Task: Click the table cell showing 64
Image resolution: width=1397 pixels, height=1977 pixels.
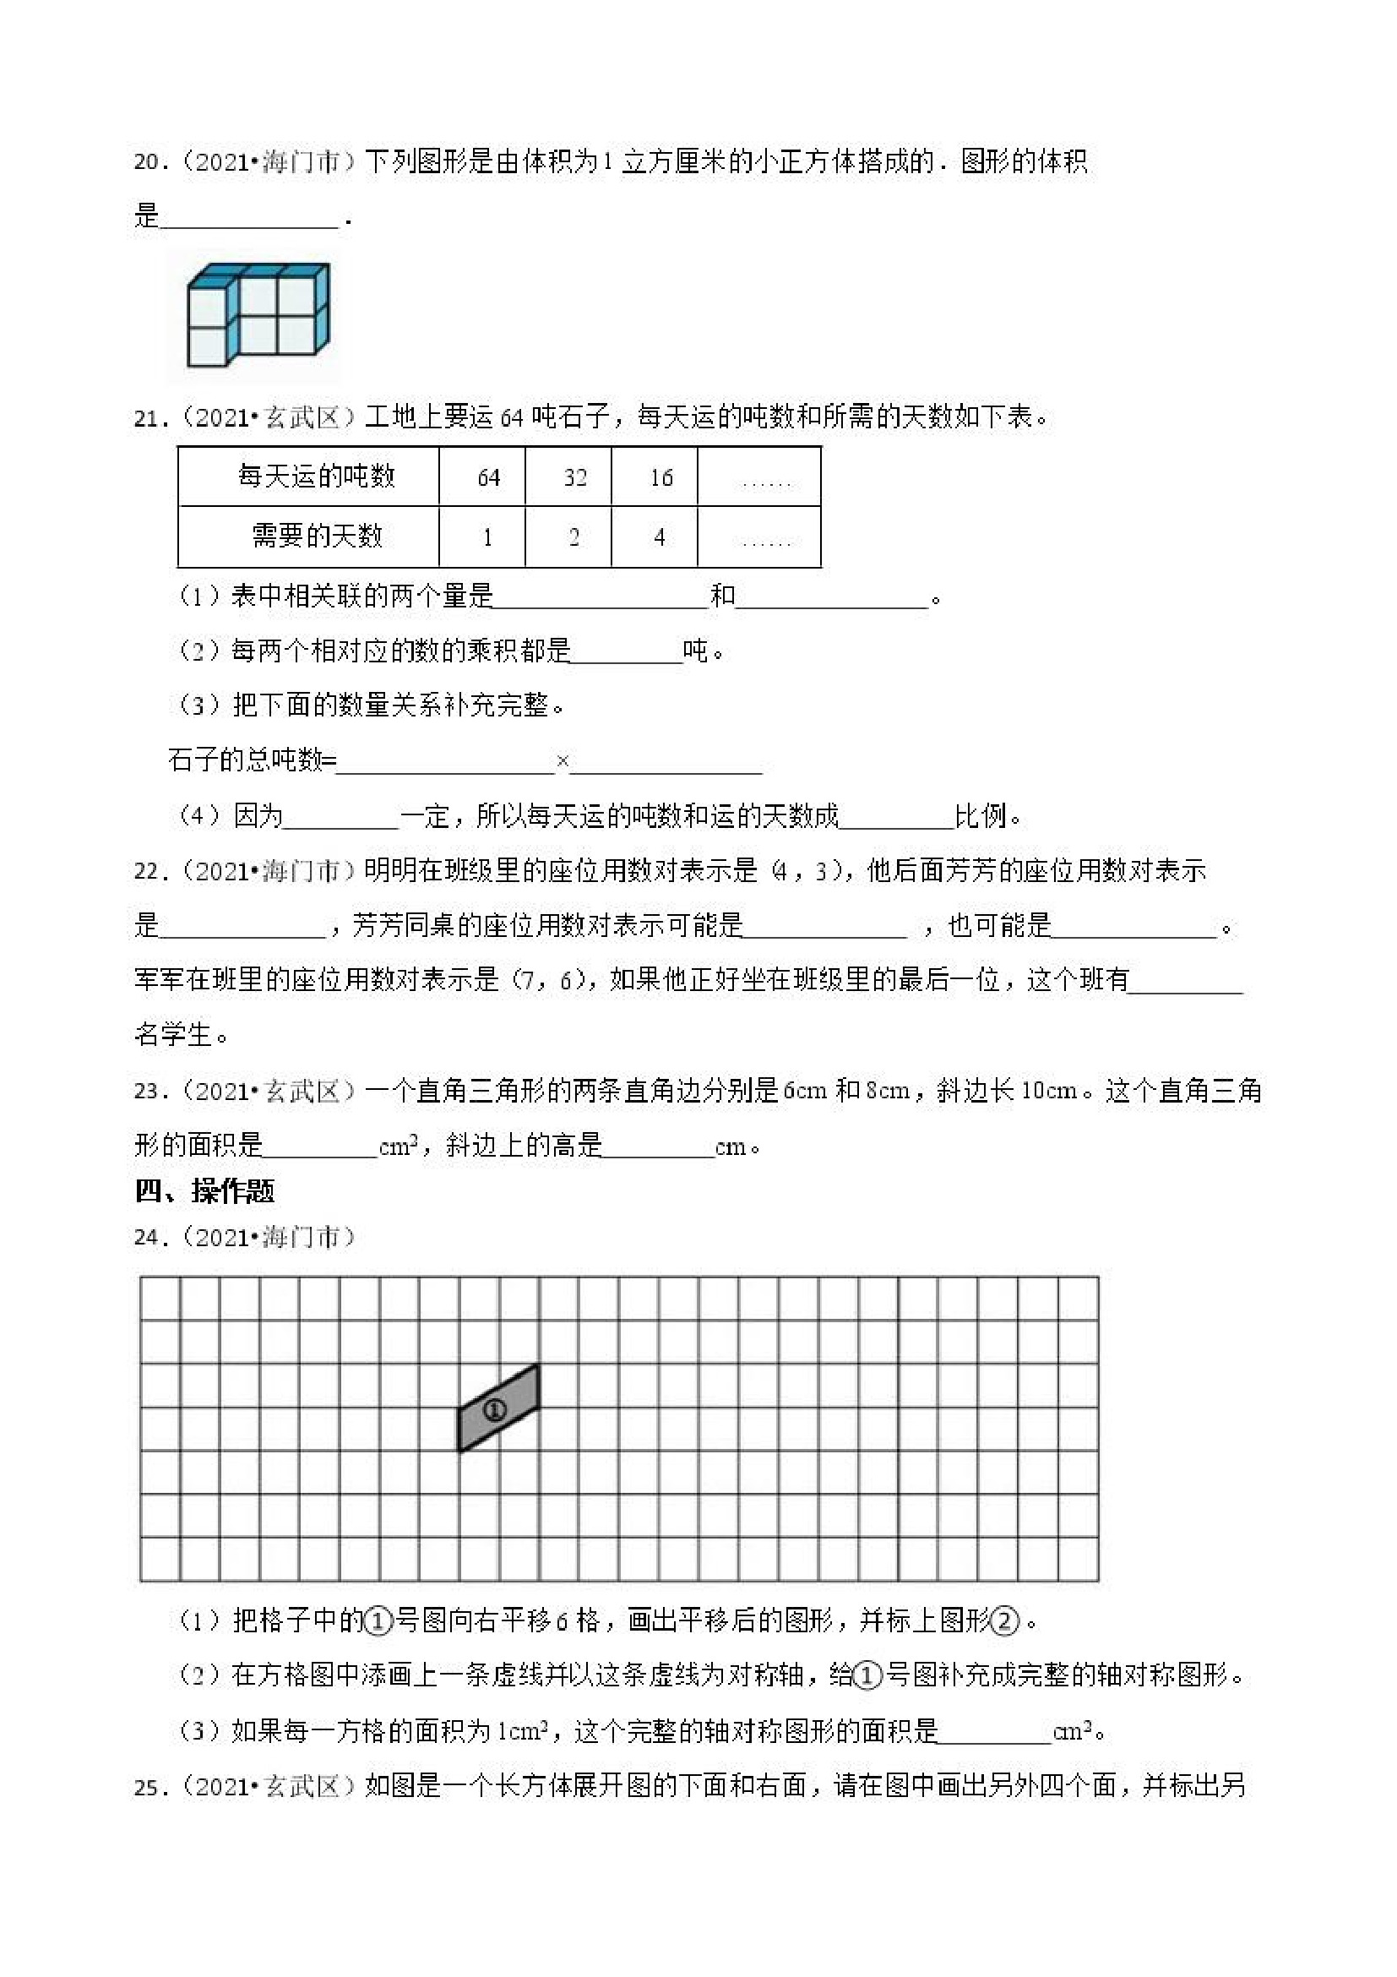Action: coord(488,477)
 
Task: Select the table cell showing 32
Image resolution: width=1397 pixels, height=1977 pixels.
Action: coord(574,477)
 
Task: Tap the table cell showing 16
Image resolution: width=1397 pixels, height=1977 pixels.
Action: coord(660,477)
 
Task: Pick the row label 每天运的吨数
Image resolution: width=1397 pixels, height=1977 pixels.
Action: coord(316,477)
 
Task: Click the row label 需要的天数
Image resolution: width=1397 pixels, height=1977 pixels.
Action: coord(316,536)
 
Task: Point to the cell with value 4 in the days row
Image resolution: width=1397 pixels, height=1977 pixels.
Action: coord(660,537)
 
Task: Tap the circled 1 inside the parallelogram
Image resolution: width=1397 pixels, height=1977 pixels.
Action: coord(494,1410)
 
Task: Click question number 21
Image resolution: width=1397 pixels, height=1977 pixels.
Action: coord(146,419)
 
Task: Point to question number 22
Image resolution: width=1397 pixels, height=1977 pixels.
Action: coord(146,872)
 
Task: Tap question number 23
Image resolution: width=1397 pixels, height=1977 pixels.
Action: coord(146,1092)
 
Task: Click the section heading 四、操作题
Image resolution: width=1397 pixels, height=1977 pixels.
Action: coord(205,1192)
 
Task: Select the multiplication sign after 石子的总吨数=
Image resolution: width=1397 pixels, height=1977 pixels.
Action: coord(563,760)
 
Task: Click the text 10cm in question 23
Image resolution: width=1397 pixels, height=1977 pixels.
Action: coord(1048,1092)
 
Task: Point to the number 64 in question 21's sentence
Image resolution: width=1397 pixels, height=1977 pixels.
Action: coord(511,419)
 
